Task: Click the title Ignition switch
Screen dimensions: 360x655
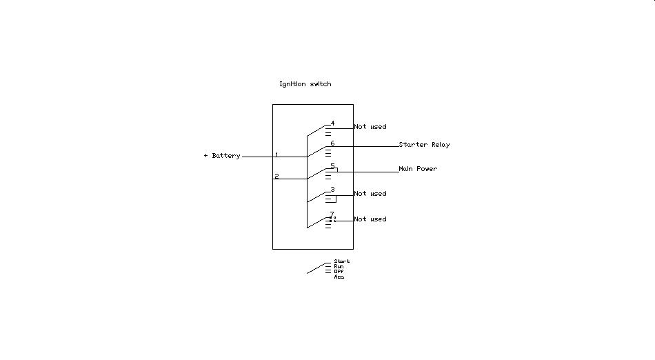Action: click(305, 84)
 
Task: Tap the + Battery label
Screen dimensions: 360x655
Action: click(222, 156)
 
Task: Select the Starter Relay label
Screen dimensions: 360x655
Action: click(424, 145)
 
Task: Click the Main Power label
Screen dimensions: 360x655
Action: click(418, 169)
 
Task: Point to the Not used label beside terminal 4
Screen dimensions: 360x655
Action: click(370, 127)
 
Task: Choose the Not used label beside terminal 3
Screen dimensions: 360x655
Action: click(370, 194)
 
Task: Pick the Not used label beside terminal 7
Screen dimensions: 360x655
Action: click(370, 219)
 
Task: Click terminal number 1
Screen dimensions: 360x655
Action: click(276, 154)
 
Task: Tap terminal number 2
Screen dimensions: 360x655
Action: click(276, 177)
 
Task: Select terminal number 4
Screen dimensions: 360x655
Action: click(332, 123)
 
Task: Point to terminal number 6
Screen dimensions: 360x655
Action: click(332, 143)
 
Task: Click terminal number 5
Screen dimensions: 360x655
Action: click(332, 166)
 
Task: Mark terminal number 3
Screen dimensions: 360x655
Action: click(332, 189)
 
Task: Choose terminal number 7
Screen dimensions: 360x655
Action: click(332, 214)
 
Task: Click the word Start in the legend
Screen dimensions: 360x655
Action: click(342, 261)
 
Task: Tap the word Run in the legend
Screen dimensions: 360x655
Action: click(339, 266)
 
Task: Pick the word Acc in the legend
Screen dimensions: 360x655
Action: click(339, 277)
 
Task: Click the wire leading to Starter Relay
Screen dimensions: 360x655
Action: click(376, 146)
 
